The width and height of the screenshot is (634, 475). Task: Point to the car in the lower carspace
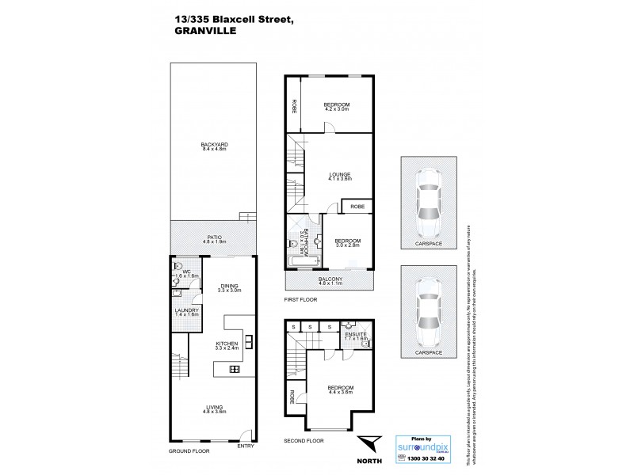pyautogui.click(x=428, y=305)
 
